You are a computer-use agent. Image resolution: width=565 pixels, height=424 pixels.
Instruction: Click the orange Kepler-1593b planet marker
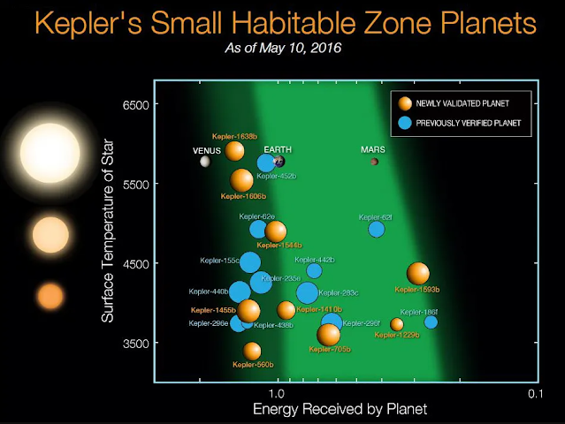(418, 274)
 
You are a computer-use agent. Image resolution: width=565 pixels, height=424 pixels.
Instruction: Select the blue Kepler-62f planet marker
(377, 230)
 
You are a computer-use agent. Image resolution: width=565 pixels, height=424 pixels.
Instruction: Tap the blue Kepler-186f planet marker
(431, 322)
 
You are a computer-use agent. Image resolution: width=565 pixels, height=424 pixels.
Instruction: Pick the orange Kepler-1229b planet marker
(397, 324)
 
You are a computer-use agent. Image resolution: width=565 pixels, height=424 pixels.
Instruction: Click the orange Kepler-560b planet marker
(252, 351)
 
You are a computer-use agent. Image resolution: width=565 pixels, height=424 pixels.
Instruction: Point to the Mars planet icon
(374, 162)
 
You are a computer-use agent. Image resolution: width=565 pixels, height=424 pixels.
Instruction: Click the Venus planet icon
(205, 162)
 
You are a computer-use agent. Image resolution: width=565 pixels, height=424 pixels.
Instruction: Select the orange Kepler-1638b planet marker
(234, 150)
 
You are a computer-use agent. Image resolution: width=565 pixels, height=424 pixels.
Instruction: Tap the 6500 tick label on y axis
(136, 104)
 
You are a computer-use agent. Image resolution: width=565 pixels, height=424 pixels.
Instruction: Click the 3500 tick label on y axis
(136, 343)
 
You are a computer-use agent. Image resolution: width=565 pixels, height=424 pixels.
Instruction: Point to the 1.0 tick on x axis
(277, 391)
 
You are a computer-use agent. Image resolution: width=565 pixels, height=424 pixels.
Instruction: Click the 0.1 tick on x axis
(533, 391)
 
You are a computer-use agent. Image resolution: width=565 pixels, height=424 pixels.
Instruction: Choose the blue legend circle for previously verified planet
(405, 123)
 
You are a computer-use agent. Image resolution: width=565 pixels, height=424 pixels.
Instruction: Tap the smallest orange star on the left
(50, 295)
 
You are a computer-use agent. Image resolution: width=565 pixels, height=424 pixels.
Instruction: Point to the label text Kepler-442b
(317, 260)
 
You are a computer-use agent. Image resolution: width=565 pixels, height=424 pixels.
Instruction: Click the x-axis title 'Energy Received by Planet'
(340, 409)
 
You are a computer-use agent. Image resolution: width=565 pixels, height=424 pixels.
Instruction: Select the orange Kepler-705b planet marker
(328, 335)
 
